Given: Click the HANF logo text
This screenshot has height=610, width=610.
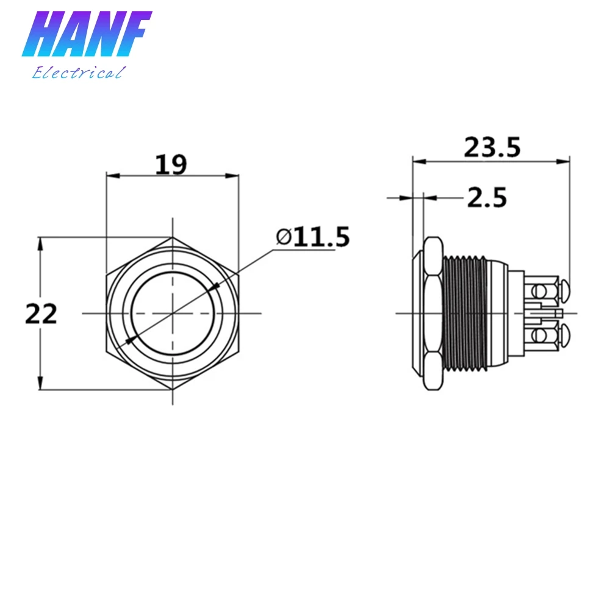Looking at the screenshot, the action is point(87,34).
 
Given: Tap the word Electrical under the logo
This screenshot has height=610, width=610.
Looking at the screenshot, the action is point(79,73).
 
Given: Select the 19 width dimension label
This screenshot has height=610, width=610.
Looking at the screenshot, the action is point(171,164).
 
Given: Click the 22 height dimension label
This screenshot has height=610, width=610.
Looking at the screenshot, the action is point(41,314).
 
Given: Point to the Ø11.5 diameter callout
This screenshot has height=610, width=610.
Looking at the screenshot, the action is point(313,237).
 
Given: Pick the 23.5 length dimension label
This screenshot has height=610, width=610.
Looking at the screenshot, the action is point(492,147).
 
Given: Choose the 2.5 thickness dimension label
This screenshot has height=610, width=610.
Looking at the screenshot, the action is point(487,197).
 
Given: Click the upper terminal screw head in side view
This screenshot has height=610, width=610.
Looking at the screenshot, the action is point(564,290).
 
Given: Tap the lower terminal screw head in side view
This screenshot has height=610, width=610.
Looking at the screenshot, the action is point(564,335).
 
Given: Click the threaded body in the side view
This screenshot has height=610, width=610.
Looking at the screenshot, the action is point(465,313).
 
